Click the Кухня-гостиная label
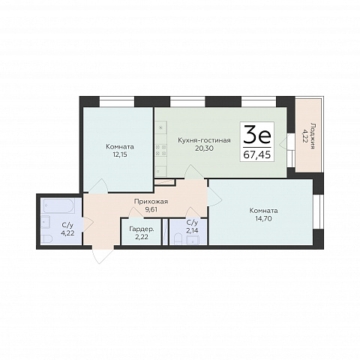pos(204,140)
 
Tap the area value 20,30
pos(204,148)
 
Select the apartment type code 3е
pos(257,136)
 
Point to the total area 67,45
pos(257,155)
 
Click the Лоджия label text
pos(312,136)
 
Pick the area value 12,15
pos(120,154)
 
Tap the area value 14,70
pos(263,219)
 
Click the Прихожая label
pos(151,202)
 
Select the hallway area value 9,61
pos(151,209)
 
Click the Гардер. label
pos(142,229)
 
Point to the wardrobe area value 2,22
pos(142,237)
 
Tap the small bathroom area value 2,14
pos(192,230)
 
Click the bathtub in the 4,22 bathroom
pos(58,206)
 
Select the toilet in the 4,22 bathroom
pos(46,239)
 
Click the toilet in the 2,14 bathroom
pos(178,239)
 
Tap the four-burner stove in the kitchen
pos(161,150)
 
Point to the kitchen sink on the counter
pos(161,127)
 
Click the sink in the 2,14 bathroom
pos(193,241)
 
